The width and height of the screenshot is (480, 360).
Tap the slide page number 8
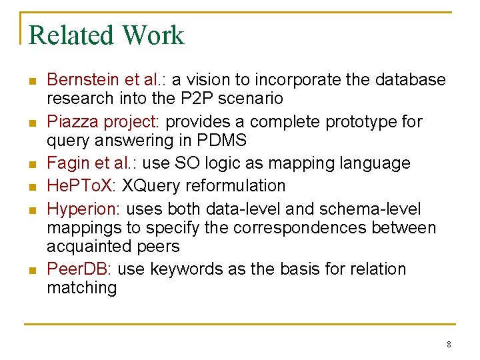(x=449, y=345)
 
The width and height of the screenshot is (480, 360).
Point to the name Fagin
(x=65, y=163)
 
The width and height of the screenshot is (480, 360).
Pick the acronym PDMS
(x=223, y=141)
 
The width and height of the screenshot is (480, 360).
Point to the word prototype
(x=361, y=122)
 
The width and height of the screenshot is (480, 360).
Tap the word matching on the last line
(x=81, y=288)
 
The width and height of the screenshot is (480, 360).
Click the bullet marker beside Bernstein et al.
(x=31, y=81)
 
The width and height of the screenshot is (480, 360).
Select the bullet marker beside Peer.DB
(x=31, y=271)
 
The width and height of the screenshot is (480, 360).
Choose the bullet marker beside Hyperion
(x=31, y=211)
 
